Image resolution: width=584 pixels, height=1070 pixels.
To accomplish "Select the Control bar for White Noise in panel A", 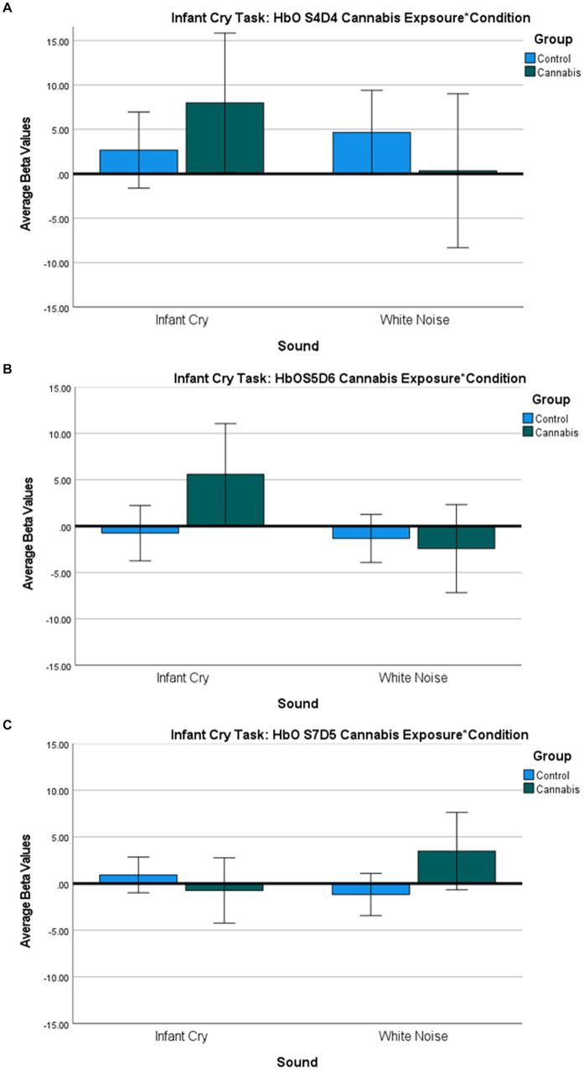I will [x=371, y=153].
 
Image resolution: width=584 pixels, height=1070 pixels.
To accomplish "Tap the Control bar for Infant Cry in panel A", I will [x=139, y=162].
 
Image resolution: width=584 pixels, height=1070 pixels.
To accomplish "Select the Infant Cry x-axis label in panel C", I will [x=182, y=1036].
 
